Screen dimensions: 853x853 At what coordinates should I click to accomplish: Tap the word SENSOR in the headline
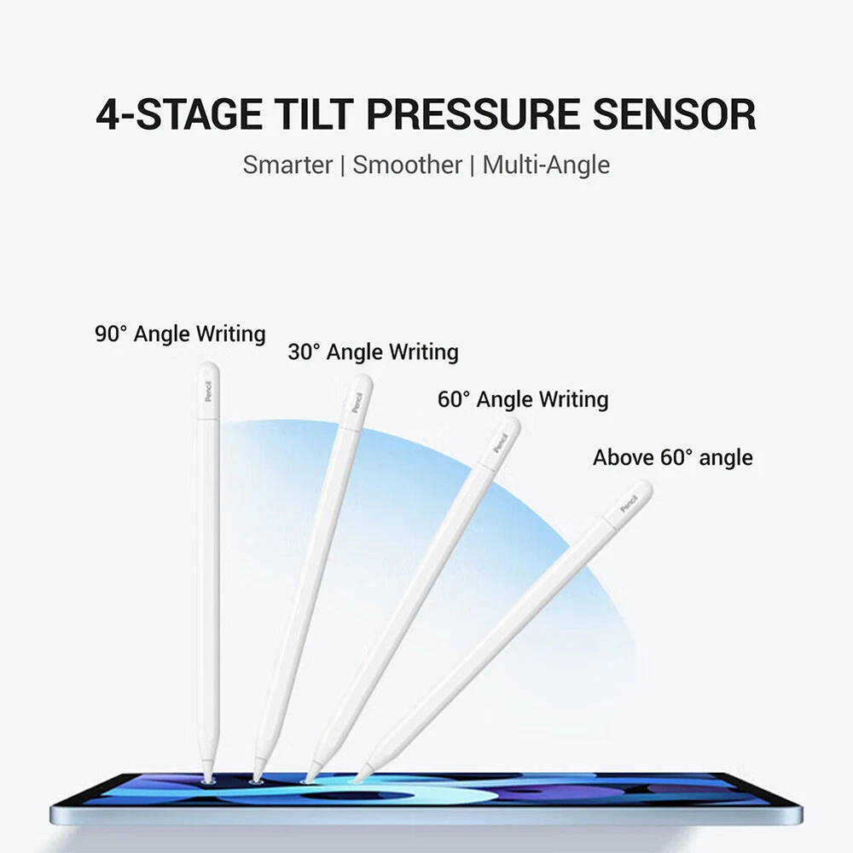[674, 114]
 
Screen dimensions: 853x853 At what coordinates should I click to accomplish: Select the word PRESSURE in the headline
[473, 114]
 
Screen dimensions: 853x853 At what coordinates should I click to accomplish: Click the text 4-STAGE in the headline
[178, 114]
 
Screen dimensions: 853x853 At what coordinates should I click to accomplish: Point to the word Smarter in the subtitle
[287, 165]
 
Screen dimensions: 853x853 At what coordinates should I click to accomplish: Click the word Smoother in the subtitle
[407, 165]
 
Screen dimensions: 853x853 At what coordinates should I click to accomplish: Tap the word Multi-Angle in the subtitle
[546, 165]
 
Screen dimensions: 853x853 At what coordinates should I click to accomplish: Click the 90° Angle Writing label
[180, 334]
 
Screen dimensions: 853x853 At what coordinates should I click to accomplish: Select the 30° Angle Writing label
[374, 352]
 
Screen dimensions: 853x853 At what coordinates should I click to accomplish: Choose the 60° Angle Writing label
[523, 399]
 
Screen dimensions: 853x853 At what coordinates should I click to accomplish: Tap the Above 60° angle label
[673, 457]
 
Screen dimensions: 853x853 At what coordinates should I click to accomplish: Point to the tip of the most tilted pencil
[357, 780]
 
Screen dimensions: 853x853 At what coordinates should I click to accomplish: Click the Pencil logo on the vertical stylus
[208, 392]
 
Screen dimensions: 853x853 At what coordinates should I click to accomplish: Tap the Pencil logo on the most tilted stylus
[630, 504]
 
